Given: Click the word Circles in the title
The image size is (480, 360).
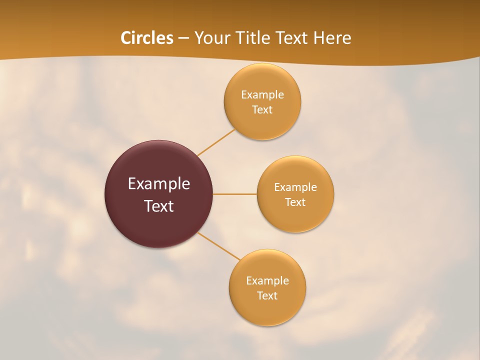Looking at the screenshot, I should [147, 38].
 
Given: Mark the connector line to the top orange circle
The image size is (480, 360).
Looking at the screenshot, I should [216, 142].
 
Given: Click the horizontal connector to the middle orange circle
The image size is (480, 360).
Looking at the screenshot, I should [234, 194].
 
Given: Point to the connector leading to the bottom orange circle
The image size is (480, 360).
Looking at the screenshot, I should [218, 245].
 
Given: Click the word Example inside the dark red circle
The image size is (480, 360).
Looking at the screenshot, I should [159, 183].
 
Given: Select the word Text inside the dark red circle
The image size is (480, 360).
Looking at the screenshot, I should [159, 206].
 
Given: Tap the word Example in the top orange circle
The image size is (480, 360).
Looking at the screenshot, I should [262, 95].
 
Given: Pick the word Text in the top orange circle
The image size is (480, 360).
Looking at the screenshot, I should [262, 109].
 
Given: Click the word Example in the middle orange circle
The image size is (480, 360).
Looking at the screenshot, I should [295, 187].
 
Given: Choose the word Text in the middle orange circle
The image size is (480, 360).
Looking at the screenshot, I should [295, 202].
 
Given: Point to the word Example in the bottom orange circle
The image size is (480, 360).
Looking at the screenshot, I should [267, 280].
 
